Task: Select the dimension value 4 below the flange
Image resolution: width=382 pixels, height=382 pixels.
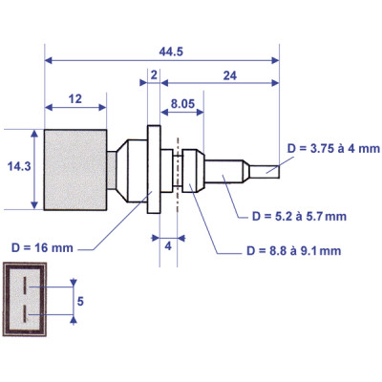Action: (x=168, y=245)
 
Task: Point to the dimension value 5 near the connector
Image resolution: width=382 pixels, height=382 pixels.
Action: (x=82, y=300)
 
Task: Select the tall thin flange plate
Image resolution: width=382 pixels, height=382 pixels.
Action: (x=153, y=169)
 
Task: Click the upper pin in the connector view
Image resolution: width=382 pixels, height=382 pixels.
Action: (x=27, y=286)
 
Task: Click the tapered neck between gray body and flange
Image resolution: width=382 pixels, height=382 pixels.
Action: (x=124, y=169)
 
